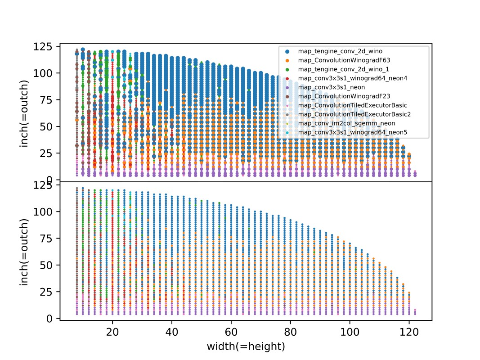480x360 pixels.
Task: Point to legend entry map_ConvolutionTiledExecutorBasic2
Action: (x=354, y=114)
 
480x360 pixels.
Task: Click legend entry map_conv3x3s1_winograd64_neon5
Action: (x=352, y=132)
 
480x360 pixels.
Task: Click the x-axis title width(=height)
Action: (x=246, y=346)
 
